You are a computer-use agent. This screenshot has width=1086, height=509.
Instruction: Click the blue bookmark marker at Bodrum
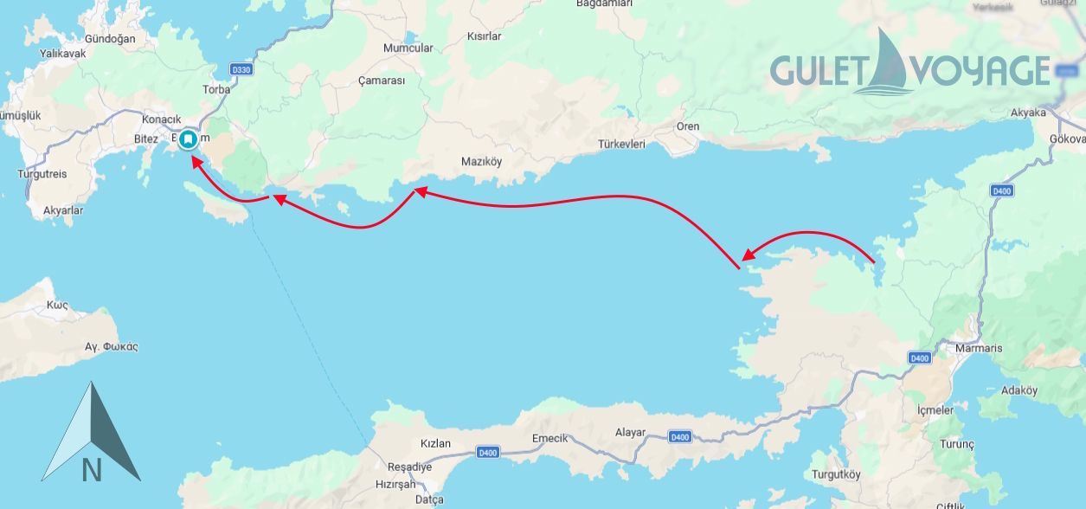click(188, 139)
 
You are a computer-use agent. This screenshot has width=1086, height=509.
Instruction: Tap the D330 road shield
click(241, 70)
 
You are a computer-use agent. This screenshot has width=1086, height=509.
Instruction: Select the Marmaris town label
click(978, 348)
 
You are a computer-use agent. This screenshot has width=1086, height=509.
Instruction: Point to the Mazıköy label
click(481, 162)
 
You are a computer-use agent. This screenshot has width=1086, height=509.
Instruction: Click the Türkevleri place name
click(621, 145)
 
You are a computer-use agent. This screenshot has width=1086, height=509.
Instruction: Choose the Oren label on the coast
click(687, 126)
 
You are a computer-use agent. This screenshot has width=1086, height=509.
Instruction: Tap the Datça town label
click(428, 499)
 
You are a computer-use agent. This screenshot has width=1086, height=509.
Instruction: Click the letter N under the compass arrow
click(92, 470)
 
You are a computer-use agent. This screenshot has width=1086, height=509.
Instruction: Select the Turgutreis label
click(42, 174)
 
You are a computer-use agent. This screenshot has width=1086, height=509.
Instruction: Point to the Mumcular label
click(408, 48)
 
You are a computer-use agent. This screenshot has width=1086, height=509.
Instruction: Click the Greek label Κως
click(57, 305)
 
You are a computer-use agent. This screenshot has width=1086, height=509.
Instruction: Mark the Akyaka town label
click(1028, 113)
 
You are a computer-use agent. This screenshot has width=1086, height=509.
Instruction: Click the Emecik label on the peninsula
click(549, 438)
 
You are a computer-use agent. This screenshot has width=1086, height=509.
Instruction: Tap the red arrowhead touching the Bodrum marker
click(196, 161)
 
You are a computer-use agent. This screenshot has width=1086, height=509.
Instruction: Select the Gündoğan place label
click(111, 39)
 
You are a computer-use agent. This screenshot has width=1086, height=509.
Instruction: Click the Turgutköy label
click(836, 474)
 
